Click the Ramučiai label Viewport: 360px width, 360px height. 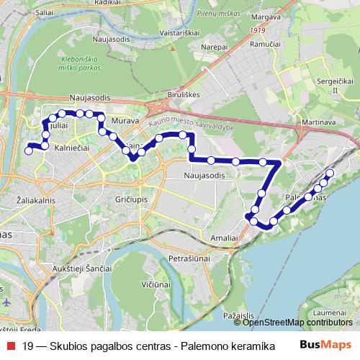point(264,45)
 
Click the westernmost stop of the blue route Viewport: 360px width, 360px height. point(29,150)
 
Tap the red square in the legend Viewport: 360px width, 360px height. point(9,346)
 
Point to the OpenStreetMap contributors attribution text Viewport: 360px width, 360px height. point(298,323)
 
